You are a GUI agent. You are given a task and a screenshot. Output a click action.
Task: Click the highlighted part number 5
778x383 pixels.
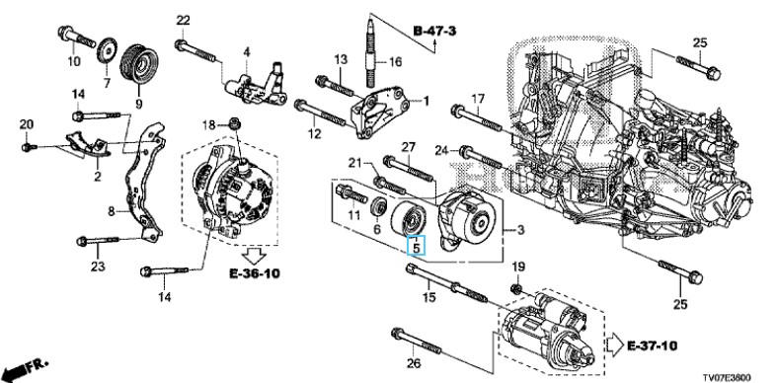point(417,246)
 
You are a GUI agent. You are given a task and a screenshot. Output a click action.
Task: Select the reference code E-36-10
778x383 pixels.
point(255,272)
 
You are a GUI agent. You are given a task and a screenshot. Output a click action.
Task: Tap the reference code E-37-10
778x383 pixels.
point(652,345)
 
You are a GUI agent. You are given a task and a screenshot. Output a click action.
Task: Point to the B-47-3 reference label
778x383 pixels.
point(434,32)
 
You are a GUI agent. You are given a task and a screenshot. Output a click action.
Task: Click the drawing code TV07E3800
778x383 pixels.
point(727,377)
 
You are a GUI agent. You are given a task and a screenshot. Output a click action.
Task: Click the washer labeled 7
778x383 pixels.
point(107,50)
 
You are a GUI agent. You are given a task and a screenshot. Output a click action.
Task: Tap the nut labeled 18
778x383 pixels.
point(235,122)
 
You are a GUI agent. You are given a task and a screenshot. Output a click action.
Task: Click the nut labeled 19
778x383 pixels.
point(516,289)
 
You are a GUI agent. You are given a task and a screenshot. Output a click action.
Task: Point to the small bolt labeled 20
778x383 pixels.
point(28,147)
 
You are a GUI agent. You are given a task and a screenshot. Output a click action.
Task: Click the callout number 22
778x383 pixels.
point(183,21)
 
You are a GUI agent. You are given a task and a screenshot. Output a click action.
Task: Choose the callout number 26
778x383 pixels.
point(414,363)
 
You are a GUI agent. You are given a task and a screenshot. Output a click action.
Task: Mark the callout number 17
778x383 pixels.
point(477,100)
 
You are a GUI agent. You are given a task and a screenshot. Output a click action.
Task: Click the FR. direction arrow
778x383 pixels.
point(26,368)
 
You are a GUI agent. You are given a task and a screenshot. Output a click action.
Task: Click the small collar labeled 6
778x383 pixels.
point(380,206)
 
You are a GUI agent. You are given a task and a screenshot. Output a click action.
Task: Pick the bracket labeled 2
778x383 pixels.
point(87,143)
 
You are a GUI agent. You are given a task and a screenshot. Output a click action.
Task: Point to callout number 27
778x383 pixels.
point(408,147)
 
